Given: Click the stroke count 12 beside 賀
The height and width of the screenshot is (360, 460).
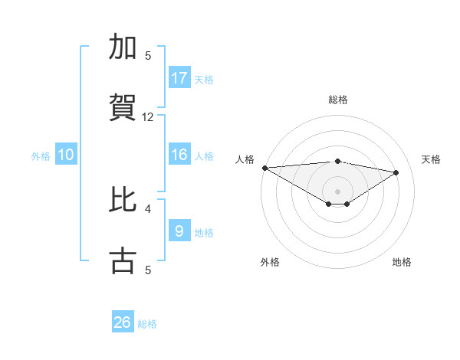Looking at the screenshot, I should point(148,117).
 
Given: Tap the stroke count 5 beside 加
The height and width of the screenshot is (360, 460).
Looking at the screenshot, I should point(148,56).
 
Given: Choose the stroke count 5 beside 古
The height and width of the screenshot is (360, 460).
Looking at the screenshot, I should point(148,270).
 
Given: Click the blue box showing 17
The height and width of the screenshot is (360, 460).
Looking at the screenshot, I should point(179,78).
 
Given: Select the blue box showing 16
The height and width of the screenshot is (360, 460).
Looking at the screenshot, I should point(179,155).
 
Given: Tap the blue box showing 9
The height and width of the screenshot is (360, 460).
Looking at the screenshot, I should point(179,231).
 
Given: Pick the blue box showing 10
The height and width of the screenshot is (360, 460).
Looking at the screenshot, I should point(66,155).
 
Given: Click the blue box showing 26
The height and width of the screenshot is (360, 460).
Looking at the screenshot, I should point(123,322).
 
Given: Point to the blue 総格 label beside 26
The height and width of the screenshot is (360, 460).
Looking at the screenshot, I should point(148,324).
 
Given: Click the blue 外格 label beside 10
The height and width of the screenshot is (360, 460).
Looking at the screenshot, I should point(41,156).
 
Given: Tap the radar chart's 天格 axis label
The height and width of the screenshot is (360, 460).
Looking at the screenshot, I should point(432,159).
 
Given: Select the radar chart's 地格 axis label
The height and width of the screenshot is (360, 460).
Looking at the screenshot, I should point(402,262).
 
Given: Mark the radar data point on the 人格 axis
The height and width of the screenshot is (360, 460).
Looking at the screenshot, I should point(264,168).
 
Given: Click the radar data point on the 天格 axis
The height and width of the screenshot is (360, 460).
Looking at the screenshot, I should point(396,172).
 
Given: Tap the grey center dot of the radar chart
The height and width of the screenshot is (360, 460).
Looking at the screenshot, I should point(337,191).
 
